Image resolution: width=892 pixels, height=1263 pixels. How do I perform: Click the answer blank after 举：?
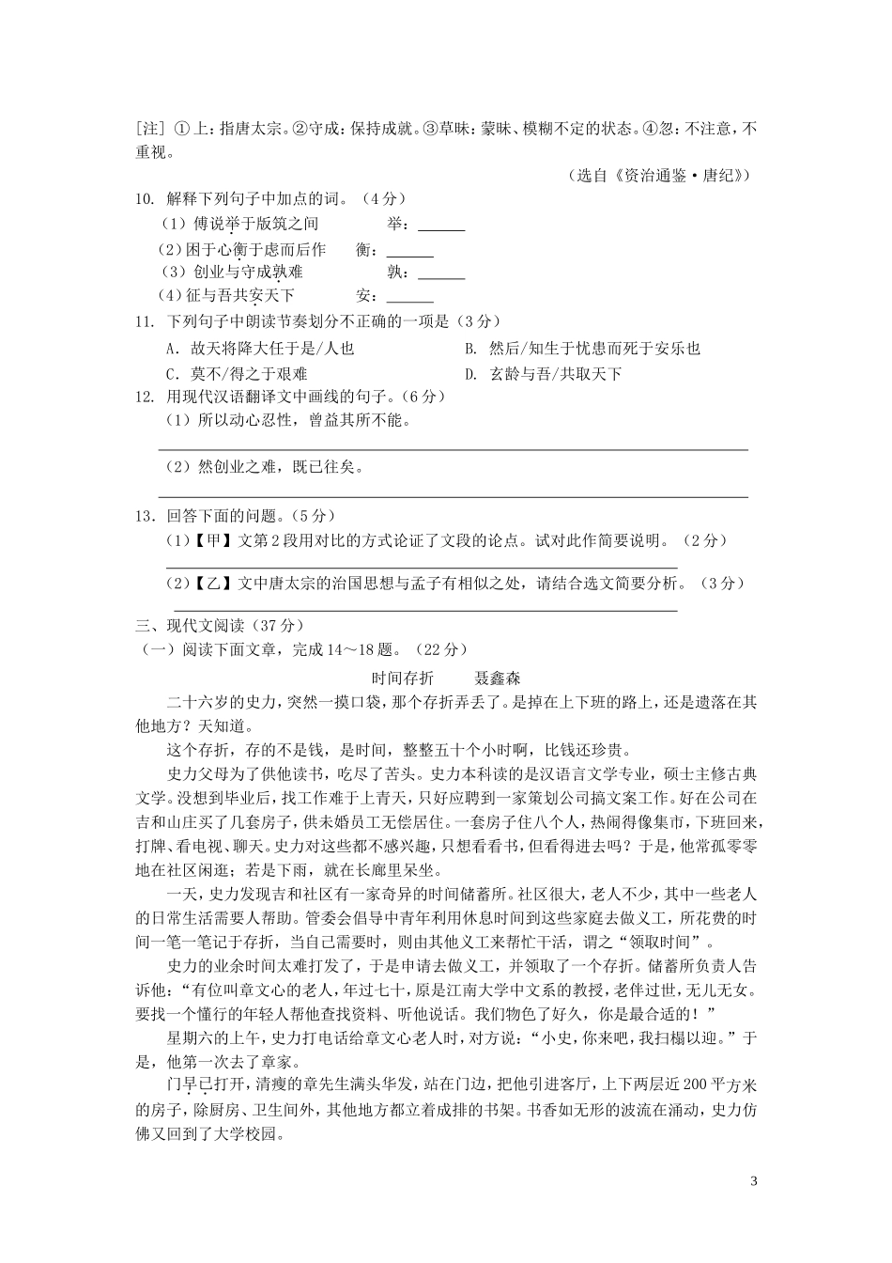click(441, 226)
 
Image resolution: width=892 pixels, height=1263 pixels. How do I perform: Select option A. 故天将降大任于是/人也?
click(260, 349)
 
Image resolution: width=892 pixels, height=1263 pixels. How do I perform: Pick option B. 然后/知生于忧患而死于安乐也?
click(582, 349)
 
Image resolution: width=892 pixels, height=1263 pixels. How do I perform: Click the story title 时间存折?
click(403, 678)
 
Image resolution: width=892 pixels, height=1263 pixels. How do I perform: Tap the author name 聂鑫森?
click(498, 678)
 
